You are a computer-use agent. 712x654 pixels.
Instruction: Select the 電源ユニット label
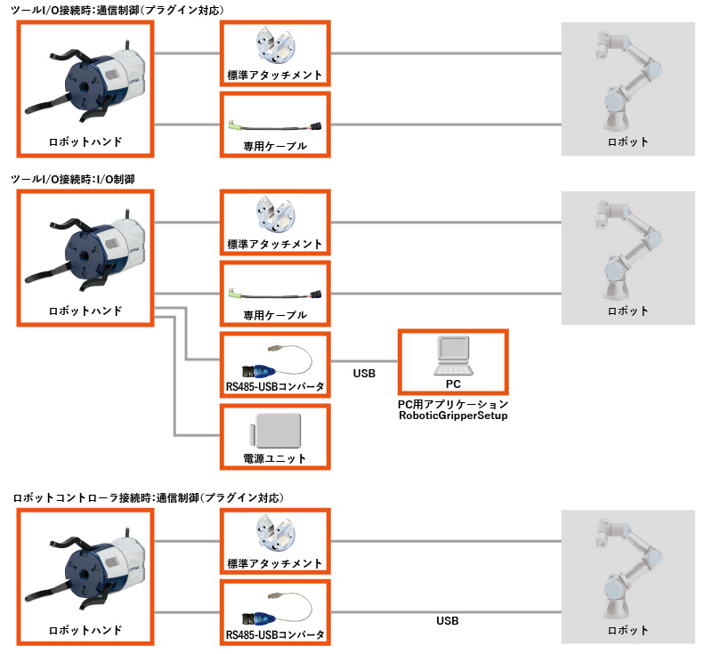click(x=274, y=458)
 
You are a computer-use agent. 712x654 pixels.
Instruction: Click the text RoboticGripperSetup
click(x=453, y=416)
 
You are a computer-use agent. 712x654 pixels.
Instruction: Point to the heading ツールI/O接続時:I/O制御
click(x=72, y=180)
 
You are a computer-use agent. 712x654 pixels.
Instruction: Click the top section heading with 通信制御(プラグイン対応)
click(x=117, y=10)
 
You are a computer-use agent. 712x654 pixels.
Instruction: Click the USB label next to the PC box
click(x=364, y=374)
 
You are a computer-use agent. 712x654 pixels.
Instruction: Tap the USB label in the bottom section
click(x=448, y=620)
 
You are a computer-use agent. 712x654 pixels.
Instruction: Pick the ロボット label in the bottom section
click(x=627, y=630)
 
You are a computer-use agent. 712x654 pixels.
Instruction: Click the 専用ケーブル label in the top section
click(x=275, y=145)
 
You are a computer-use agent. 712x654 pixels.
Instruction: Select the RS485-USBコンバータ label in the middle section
click(x=275, y=386)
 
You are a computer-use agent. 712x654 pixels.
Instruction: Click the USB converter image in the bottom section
click(x=274, y=610)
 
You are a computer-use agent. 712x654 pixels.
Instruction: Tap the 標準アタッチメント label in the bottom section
click(x=275, y=564)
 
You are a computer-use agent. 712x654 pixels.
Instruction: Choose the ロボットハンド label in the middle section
click(x=85, y=311)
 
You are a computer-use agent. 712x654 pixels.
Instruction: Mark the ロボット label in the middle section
click(x=627, y=311)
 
